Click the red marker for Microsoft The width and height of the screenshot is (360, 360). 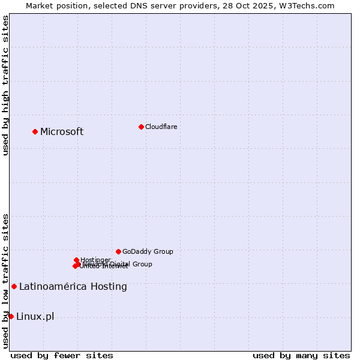coord(35,131)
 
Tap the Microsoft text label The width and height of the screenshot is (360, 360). coord(62,132)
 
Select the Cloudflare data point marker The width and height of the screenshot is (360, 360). coord(141,127)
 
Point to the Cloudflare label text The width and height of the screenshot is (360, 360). coord(161,127)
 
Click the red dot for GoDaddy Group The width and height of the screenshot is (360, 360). coord(118,251)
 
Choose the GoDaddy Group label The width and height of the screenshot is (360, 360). coord(148,252)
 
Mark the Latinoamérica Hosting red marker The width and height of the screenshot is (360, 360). coord(14,286)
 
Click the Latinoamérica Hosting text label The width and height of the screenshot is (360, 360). coord(73,287)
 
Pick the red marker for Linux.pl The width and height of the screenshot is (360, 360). coord(11,316)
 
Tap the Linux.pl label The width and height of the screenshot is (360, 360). coord(35,317)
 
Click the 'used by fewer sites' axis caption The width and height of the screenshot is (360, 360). coord(62,355)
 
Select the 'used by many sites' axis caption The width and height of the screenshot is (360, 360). coord(301,355)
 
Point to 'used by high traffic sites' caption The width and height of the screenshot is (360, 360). coord(5,85)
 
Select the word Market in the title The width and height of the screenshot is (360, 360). coord(40,5)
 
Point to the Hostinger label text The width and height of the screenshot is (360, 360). coord(95,260)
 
